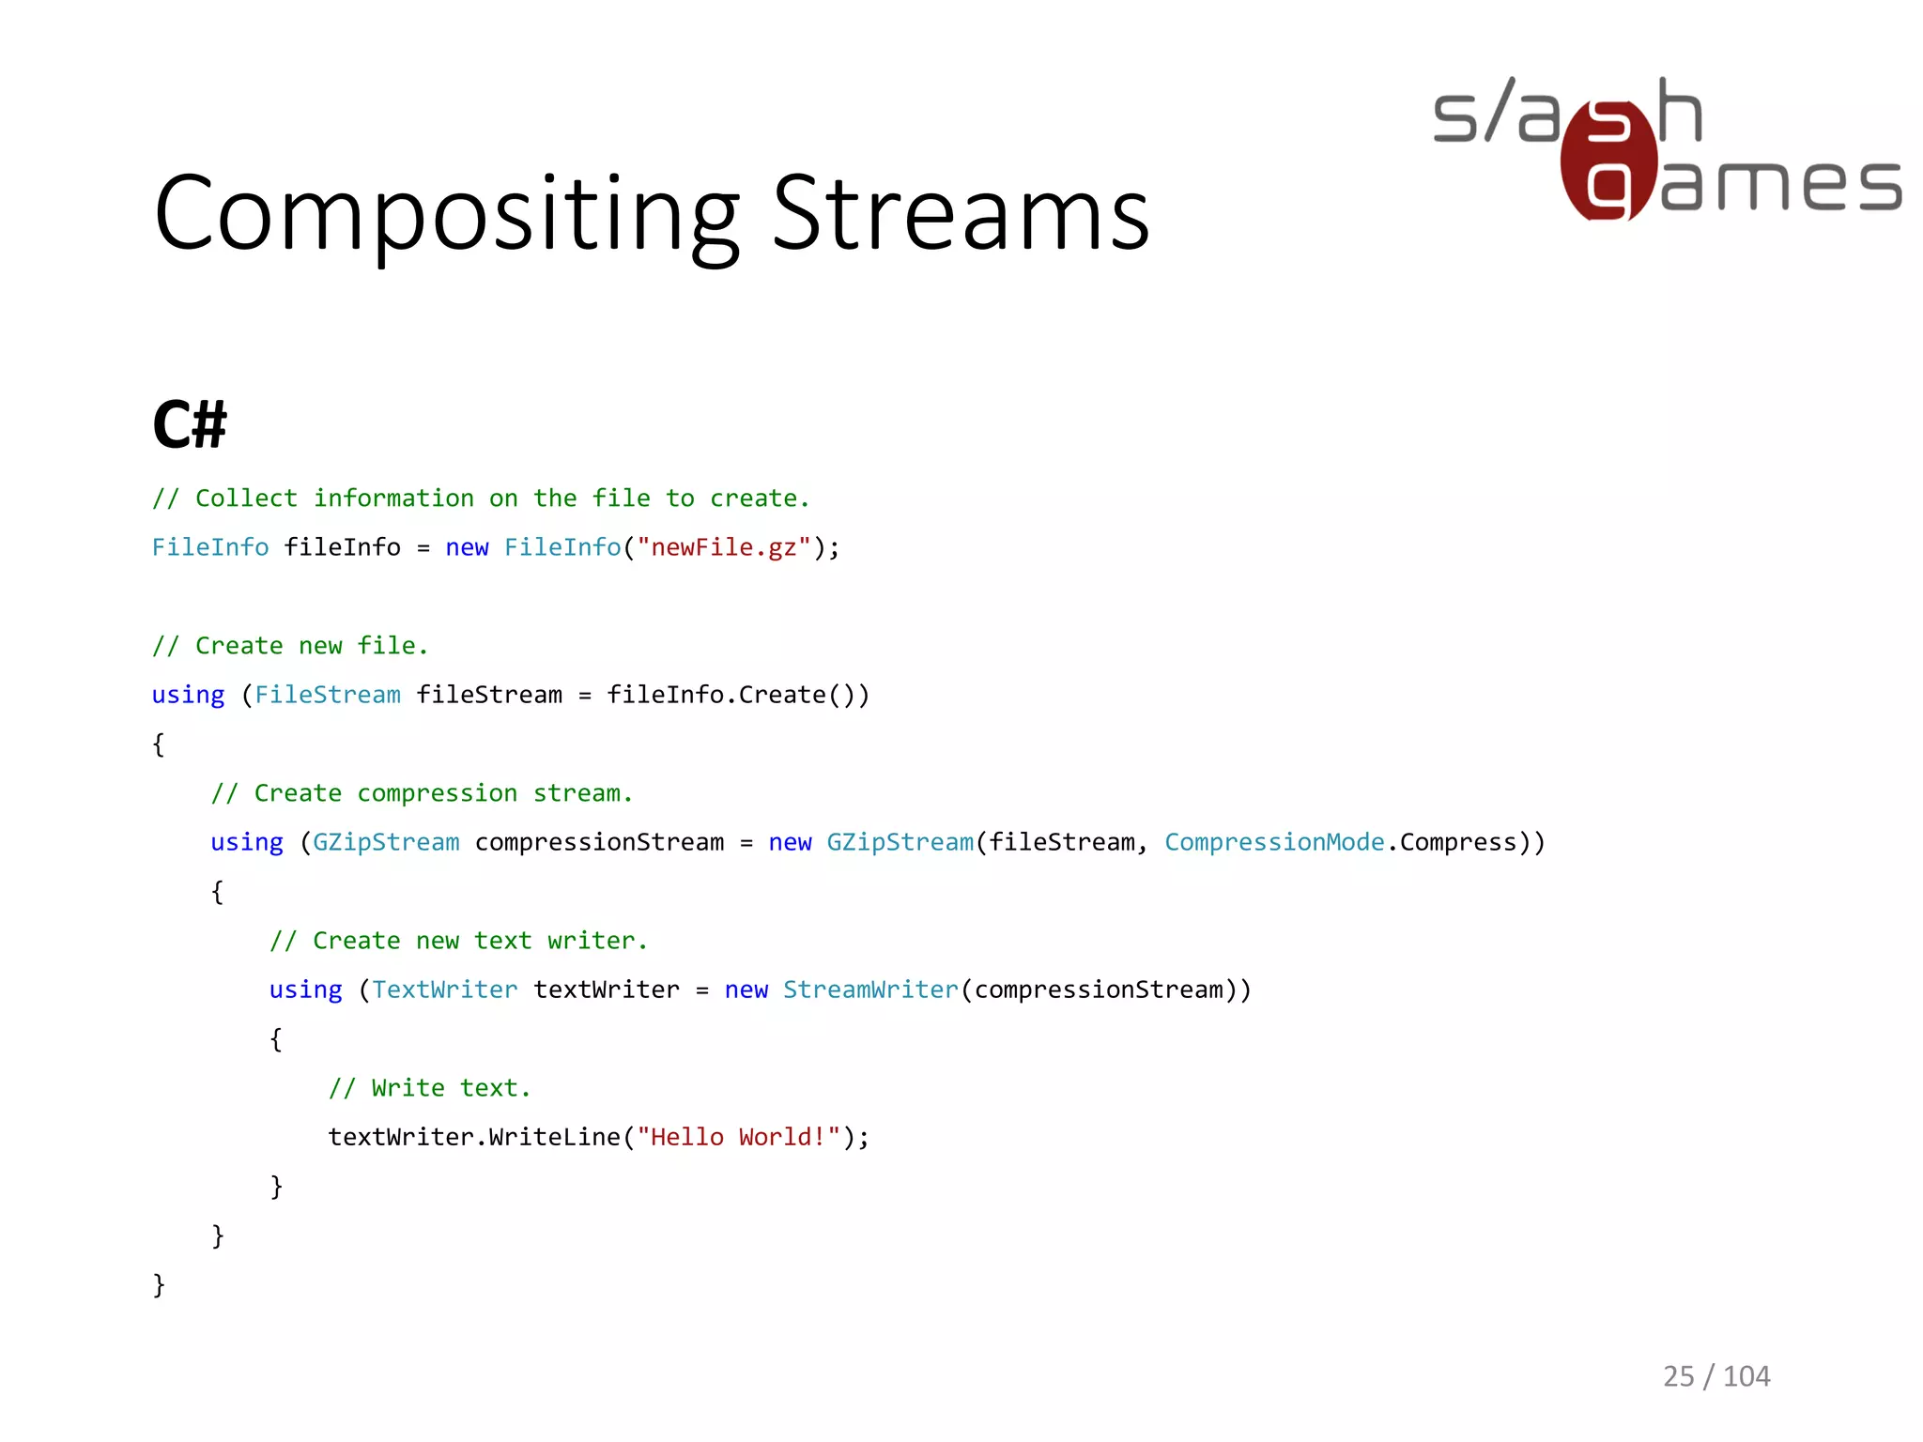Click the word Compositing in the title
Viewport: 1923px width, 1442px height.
447,216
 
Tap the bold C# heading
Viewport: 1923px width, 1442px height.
190,424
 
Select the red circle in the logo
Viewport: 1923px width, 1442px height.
1608,161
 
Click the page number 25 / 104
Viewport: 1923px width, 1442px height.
1715,1376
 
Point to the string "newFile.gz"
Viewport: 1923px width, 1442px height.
723,547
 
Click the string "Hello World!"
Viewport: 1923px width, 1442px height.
738,1137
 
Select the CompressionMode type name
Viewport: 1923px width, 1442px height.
1274,842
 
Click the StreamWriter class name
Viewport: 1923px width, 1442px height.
870,989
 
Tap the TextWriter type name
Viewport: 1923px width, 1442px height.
444,989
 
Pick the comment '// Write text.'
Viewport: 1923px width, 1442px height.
429,1088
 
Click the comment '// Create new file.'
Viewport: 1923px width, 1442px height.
290,646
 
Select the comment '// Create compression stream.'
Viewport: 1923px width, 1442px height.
422,793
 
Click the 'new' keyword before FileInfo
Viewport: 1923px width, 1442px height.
467,547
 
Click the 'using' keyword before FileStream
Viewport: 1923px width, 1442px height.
188,695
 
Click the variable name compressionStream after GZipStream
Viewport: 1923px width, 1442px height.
599,842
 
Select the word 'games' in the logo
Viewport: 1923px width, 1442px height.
1779,184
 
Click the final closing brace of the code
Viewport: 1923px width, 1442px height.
159,1284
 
